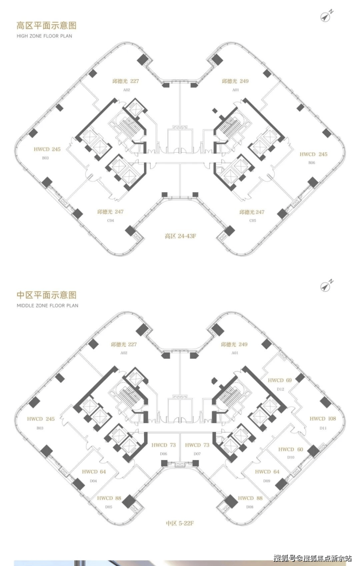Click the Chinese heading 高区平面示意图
coord(47,26)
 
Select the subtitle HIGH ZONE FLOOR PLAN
coord(44,36)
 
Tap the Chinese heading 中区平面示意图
coord(47,295)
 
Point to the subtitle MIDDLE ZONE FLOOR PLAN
coord(47,306)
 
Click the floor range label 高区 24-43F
coord(180,237)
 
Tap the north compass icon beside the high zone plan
coord(326,16)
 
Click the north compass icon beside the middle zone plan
coord(326,286)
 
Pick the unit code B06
coord(311,163)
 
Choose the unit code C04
coord(110,220)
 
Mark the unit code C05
coord(252,220)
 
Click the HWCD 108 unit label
coord(323,419)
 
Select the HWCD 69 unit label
coord(279,380)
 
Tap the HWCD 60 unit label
coord(290,449)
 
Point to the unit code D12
coord(280,389)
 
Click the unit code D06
coord(163,454)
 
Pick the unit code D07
coord(197,454)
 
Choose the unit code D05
coord(108,507)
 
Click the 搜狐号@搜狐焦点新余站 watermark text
coord(312,557)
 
